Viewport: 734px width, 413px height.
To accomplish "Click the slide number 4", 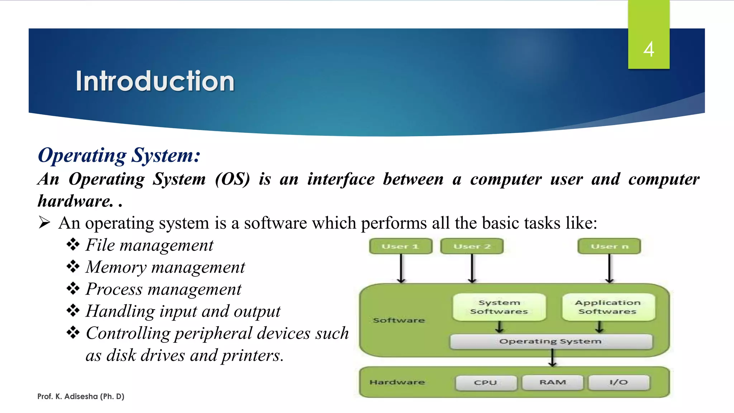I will pyautogui.click(x=648, y=49).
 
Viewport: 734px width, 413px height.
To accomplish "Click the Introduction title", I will pyautogui.click(x=155, y=81).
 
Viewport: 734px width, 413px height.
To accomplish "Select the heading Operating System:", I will pyautogui.click(x=119, y=156).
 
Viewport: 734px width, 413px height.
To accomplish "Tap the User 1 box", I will pyautogui.click(x=401, y=246).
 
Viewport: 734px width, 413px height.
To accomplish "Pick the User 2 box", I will pyautogui.click(x=472, y=246).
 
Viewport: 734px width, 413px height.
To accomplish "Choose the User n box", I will pyautogui.click(x=609, y=246).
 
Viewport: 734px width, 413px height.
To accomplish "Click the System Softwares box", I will pyautogui.click(x=499, y=307).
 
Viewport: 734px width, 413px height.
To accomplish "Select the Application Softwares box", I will pyautogui.click(x=608, y=307).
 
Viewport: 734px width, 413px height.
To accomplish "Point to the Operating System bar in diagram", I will pyautogui.click(x=551, y=341).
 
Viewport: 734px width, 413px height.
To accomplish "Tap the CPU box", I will pyautogui.click(x=486, y=383).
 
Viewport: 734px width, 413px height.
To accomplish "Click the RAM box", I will pyautogui.click(x=553, y=382).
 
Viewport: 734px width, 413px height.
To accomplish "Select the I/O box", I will pyautogui.click(x=619, y=382).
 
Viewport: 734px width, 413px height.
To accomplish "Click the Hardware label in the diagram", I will pyautogui.click(x=397, y=382).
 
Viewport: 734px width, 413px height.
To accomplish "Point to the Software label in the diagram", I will pyautogui.click(x=399, y=320).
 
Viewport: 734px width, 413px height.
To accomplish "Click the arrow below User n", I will pyautogui.click(x=609, y=269).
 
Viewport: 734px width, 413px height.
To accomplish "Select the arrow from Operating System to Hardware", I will pyautogui.click(x=553, y=358).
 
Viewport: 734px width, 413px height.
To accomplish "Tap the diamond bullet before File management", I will pyautogui.click(x=73, y=245).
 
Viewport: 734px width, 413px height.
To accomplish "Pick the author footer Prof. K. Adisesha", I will pyautogui.click(x=81, y=397).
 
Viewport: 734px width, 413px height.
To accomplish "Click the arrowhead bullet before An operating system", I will pyautogui.click(x=44, y=223).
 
